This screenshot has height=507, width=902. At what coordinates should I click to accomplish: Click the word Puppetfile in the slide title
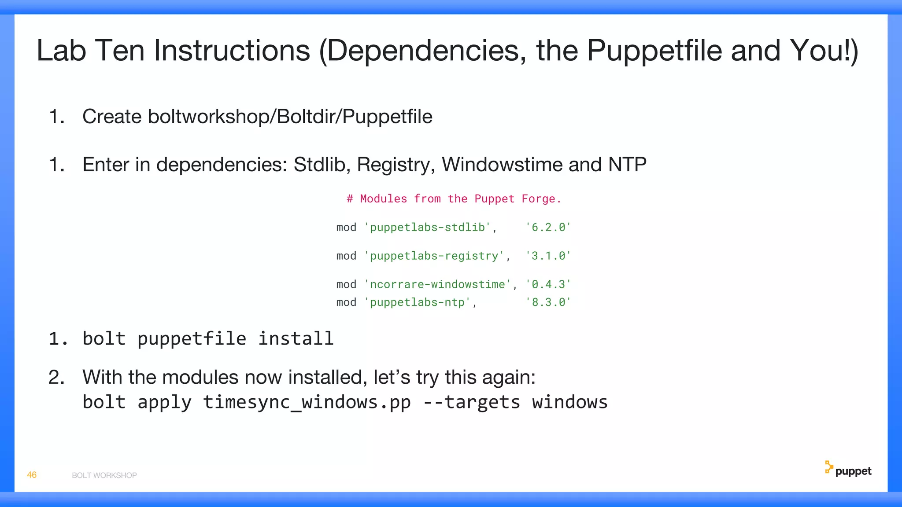654,51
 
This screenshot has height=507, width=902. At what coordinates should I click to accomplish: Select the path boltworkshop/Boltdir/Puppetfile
290,117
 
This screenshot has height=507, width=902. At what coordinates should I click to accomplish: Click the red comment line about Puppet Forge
454,199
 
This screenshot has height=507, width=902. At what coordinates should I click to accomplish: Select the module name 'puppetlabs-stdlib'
428,228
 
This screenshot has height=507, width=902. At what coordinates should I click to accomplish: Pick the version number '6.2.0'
548,228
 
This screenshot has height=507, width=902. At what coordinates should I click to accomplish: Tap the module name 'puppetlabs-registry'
434,256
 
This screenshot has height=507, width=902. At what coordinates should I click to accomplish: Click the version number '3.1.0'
548,256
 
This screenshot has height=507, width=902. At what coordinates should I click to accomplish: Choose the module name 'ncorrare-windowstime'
437,285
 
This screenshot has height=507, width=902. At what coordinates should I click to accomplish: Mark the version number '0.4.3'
548,285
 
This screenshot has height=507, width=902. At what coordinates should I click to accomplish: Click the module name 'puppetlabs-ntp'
418,303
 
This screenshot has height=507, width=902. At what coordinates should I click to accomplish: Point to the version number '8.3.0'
548,303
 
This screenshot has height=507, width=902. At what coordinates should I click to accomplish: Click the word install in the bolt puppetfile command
296,339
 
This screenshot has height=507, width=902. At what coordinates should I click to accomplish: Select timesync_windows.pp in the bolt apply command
307,402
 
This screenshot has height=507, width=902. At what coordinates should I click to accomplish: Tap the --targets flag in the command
471,402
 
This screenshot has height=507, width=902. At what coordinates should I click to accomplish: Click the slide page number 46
32,475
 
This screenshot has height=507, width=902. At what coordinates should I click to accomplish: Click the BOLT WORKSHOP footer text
104,475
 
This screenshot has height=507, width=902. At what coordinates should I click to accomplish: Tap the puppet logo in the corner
848,470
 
